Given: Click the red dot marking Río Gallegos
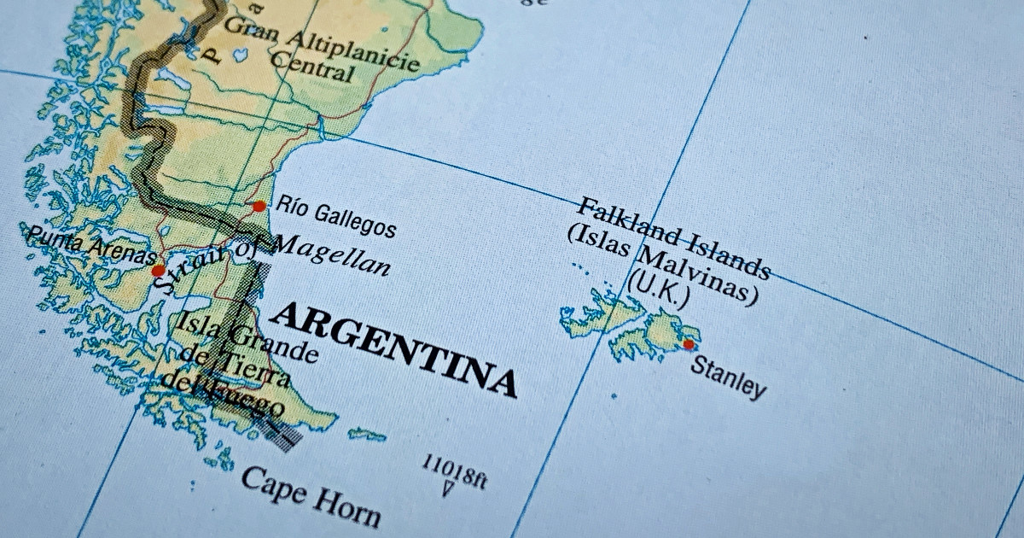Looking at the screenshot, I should click(x=259, y=206).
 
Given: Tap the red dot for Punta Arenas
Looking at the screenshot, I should click(x=158, y=271).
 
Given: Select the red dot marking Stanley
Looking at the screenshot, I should click(x=689, y=344).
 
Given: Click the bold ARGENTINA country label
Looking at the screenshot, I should click(x=393, y=348).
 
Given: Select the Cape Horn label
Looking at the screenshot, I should click(x=310, y=495).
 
